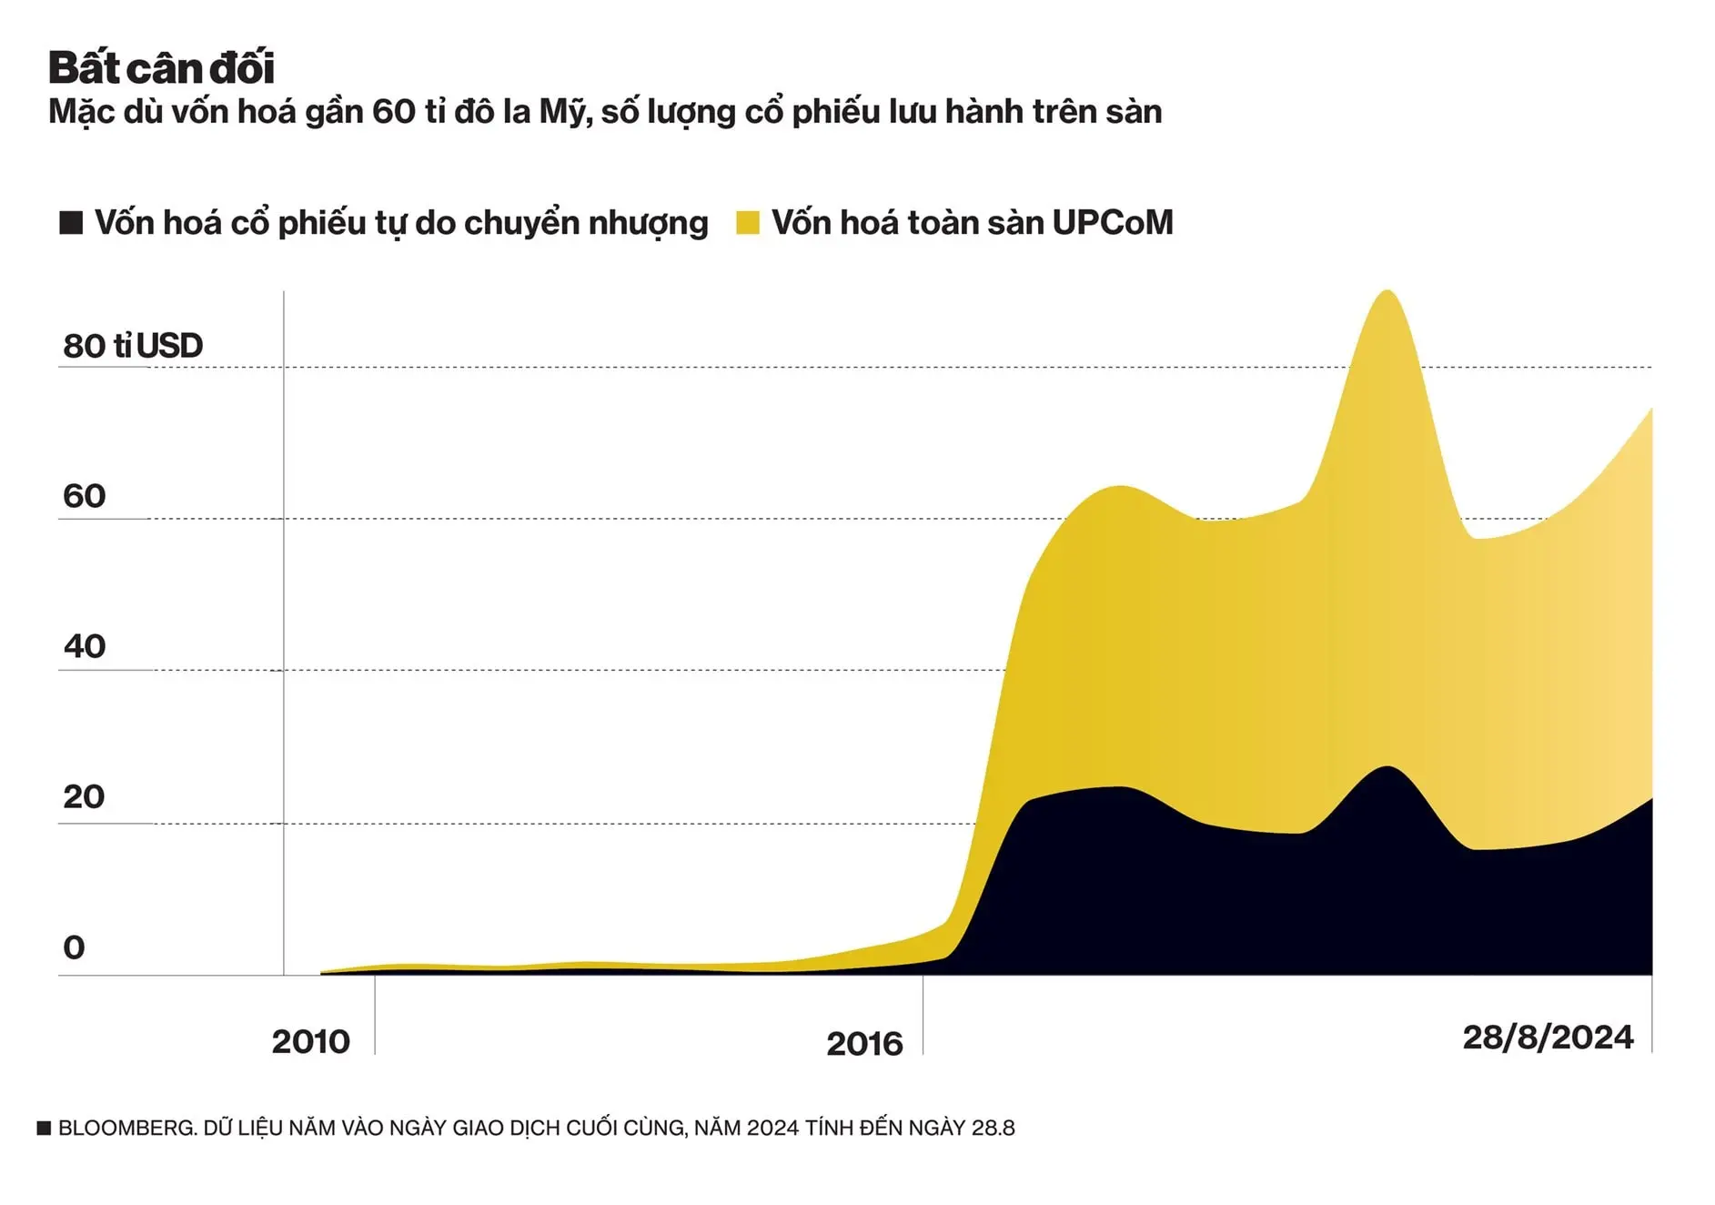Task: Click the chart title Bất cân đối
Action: (x=161, y=68)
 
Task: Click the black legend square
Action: (x=71, y=223)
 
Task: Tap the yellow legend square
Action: (x=748, y=223)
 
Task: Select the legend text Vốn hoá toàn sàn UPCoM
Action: (x=972, y=223)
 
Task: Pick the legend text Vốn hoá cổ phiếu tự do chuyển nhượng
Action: (x=401, y=223)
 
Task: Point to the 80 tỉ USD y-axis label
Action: (x=133, y=346)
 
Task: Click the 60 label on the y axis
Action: (x=85, y=496)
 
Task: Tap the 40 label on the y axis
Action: (x=85, y=646)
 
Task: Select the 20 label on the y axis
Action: (x=85, y=797)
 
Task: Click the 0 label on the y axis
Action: (x=74, y=947)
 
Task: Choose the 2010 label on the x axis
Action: (x=310, y=1041)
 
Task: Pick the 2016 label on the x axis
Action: (x=864, y=1043)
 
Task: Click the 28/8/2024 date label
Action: (x=1548, y=1038)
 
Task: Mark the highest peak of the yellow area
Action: (x=1386, y=292)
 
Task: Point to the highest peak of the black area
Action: (x=1387, y=768)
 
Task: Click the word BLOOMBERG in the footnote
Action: (x=126, y=1128)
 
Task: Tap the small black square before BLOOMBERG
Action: (x=44, y=1129)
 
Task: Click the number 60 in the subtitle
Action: (x=393, y=112)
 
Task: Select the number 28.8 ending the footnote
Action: (x=993, y=1128)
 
